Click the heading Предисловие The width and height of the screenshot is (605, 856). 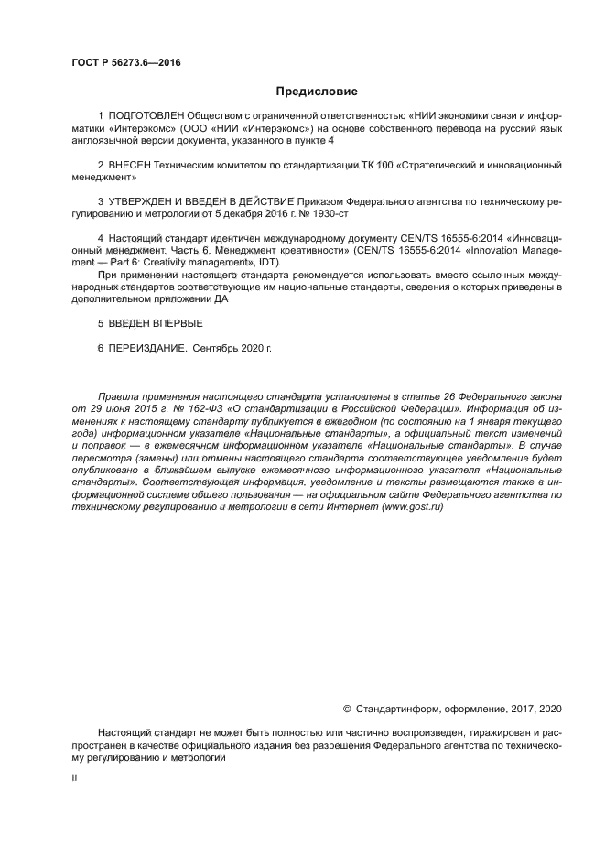317,92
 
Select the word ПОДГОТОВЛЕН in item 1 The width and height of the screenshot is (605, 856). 146,116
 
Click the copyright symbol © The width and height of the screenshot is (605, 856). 347,709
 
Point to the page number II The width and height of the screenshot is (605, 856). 74,777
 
